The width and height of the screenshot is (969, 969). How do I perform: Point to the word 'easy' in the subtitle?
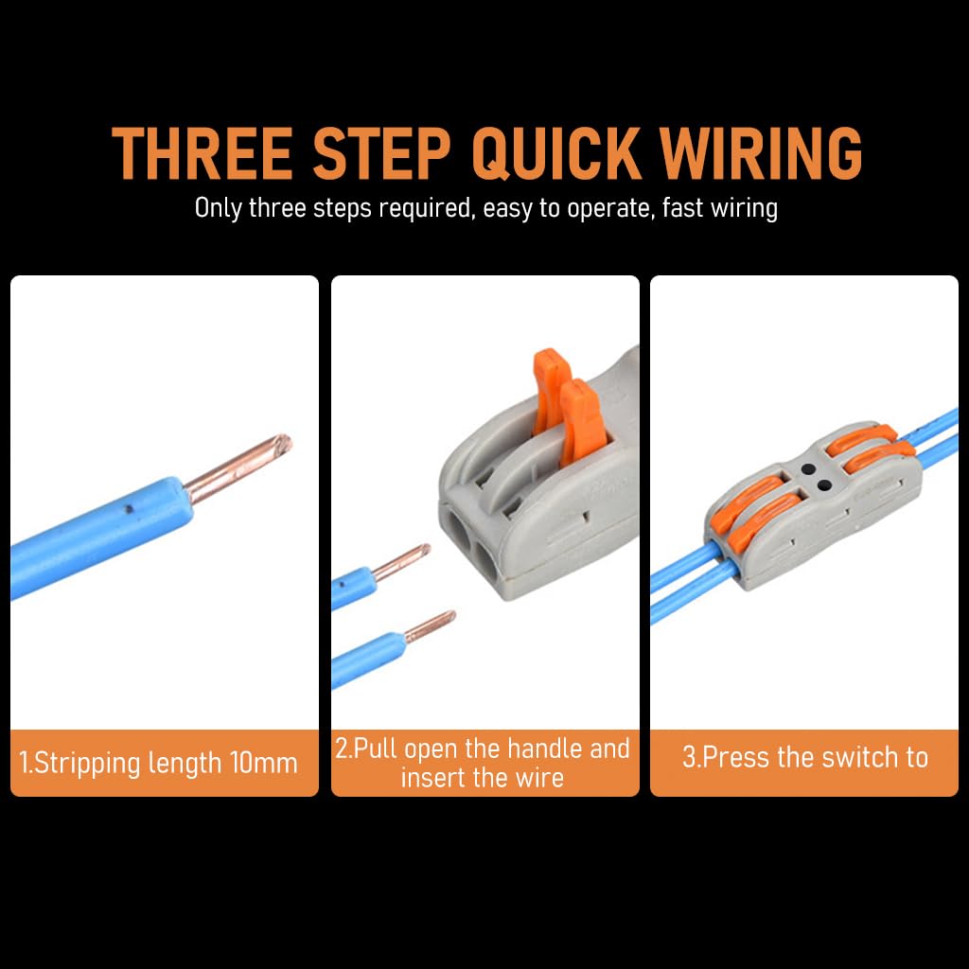[508, 208]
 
